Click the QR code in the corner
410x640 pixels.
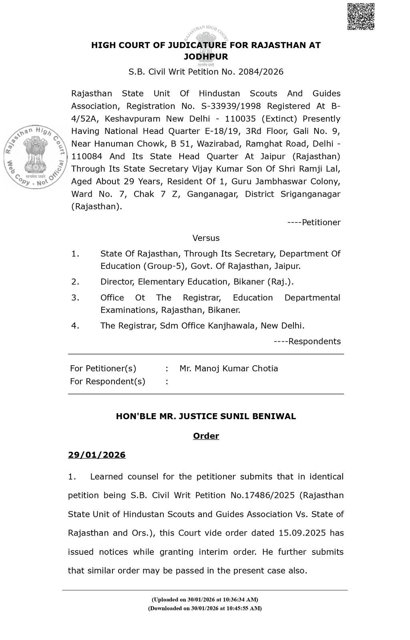pos(361,16)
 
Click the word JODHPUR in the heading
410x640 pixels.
pos(206,57)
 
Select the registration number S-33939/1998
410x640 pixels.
pos(265,106)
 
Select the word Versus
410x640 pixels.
pos(206,238)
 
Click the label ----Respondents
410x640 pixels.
pos(307,341)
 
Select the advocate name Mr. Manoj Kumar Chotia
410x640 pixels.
pos(229,368)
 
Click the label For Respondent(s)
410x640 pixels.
pos(107,381)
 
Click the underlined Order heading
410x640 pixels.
pos(206,436)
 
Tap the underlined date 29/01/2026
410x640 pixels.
pos(96,455)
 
